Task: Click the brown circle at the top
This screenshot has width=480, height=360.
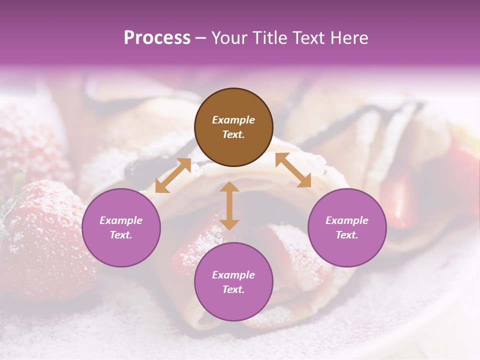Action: [233, 127]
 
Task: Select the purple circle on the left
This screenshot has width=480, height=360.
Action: [121, 228]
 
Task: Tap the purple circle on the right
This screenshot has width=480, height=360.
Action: [347, 228]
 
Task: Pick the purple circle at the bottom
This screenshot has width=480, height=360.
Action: [233, 282]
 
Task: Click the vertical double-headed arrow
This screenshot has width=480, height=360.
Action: [229, 205]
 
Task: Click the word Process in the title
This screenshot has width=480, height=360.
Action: [157, 37]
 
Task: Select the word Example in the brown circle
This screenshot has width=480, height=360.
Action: [233, 120]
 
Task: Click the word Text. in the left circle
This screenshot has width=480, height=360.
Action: [121, 235]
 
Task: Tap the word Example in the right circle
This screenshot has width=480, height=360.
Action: [347, 220]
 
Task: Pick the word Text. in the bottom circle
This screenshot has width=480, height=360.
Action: [233, 289]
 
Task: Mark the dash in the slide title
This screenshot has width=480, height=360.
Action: [200, 38]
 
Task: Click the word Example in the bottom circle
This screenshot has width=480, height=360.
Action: [233, 275]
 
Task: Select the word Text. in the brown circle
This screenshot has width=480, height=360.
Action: [233, 135]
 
